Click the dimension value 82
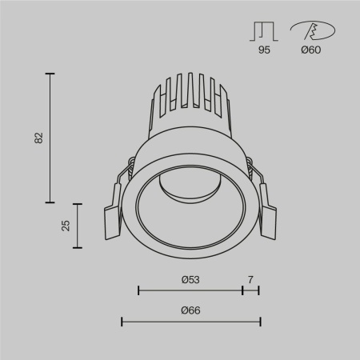point(38,137)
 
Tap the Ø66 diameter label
point(190,310)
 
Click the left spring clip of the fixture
point(113,212)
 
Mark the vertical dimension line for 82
point(51,137)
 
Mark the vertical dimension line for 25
point(78,225)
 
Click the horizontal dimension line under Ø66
point(190,322)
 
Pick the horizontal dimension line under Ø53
point(190,290)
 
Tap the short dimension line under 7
point(250,290)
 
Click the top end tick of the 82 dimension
point(51,74)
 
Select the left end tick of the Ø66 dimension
point(121,322)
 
